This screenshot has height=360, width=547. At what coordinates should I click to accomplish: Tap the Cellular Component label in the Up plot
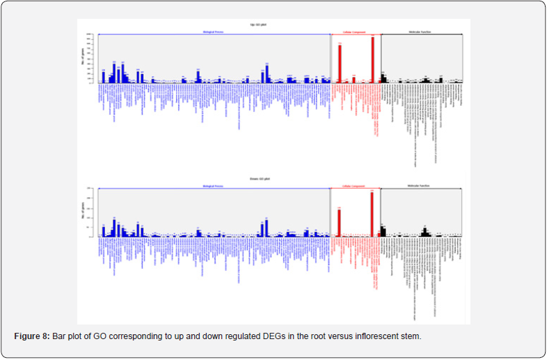(355, 32)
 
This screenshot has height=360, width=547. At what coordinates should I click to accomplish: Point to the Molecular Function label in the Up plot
(421, 32)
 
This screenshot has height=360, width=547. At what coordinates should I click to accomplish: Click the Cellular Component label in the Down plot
(355, 187)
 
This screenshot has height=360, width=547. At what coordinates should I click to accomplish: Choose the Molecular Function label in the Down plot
(421, 187)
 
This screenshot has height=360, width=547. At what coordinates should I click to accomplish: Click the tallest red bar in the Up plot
(373, 60)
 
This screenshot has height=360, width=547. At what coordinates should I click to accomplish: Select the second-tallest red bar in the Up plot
(340, 64)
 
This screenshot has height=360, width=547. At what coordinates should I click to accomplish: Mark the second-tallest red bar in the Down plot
(339, 223)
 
